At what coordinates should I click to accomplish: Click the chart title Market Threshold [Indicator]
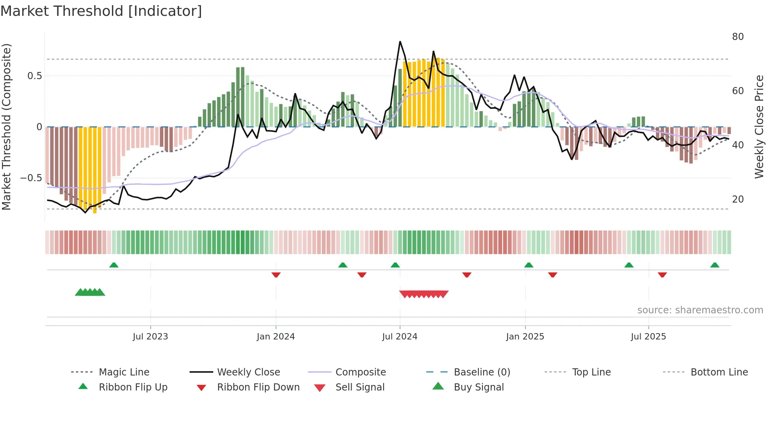[x=101, y=11]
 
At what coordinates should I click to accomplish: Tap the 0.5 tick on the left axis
[x=34, y=76]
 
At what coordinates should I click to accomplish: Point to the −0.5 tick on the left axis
[x=31, y=178]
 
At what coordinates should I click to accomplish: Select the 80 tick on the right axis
[x=737, y=37]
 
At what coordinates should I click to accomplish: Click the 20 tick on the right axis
[x=737, y=199]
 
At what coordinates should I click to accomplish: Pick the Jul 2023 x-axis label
[x=150, y=337]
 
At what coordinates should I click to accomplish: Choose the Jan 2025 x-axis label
[x=525, y=337]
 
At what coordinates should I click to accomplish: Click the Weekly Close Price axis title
[x=759, y=127]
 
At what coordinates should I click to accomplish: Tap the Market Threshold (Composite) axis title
[x=6, y=127]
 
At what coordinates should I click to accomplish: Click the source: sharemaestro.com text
[x=700, y=310]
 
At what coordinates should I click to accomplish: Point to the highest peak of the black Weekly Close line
[x=400, y=42]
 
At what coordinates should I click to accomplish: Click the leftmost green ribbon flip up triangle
[x=114, y=265]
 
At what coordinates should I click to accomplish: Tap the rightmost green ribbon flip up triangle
[x=715, y=265]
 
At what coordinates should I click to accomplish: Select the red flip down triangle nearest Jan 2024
[x=276, y=275]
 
